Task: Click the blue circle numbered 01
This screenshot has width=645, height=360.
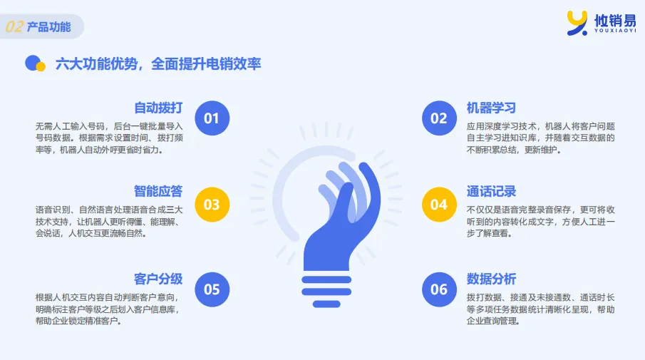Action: (212, 118)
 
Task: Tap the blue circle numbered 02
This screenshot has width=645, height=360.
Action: (439, 118)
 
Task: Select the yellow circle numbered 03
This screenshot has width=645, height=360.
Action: (212, 204)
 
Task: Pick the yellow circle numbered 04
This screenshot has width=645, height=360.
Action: (439, 204)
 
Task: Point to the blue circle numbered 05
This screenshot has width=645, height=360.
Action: (212, 289)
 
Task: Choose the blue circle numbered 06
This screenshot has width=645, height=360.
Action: (439, 289)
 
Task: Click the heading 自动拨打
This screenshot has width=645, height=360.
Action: (158, 108)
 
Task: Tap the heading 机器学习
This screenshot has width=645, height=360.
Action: (491, 108)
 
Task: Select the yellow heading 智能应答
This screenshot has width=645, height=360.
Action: (158, 191)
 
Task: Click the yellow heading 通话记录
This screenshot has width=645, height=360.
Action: (491, 191)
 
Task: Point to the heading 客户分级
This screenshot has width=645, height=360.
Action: (158, 279)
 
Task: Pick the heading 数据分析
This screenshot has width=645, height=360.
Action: (491, 279)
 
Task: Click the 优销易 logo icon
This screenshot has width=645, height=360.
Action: (577, 22)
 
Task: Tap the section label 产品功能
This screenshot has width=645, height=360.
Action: (48, 27)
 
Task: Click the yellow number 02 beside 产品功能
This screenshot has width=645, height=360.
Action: (14, 27)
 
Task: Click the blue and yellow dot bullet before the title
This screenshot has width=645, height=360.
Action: (35, 63)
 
